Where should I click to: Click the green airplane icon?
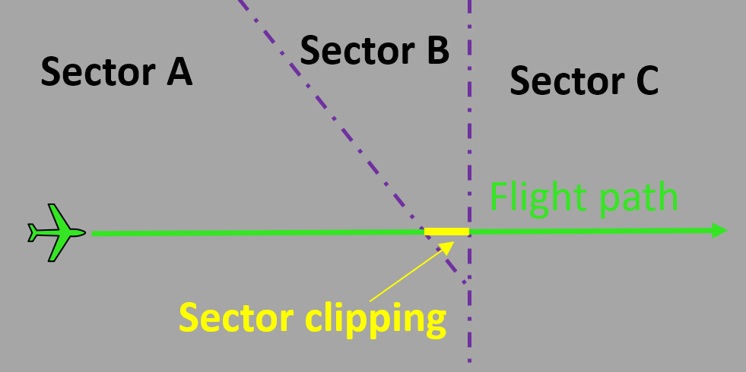56,232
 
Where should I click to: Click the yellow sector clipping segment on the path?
446,232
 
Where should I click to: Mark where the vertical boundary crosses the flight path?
469,232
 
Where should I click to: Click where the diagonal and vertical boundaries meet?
469,288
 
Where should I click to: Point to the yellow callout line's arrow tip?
454,241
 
